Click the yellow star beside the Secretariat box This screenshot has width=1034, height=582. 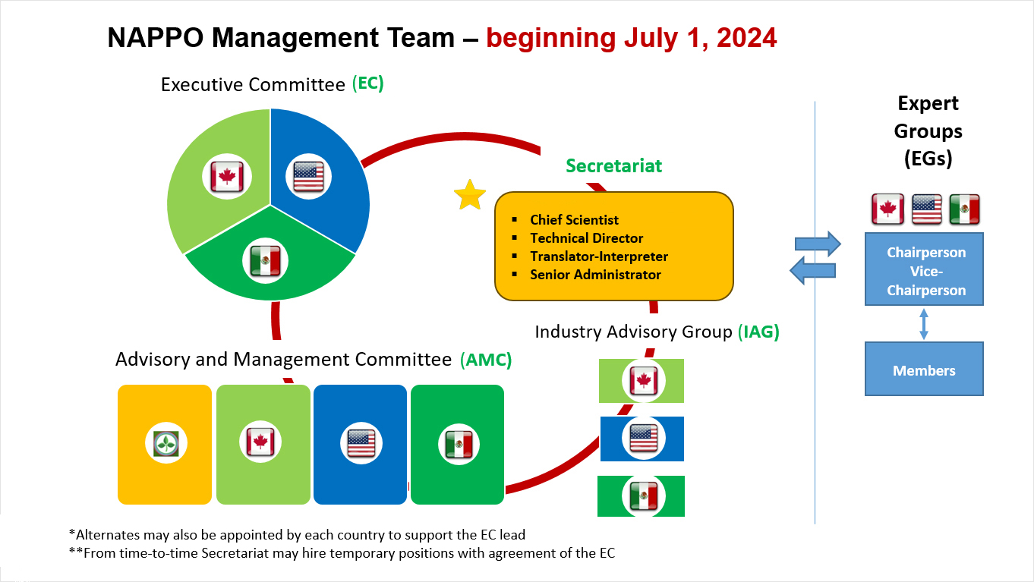(470, 196)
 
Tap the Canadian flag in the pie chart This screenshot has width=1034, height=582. (227, 176)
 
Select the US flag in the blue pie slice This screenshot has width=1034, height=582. (308, 176)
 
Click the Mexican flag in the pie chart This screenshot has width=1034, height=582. (265, 261)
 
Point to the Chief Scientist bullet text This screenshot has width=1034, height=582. (574, 220)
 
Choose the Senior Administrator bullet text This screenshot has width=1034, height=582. (595, 275)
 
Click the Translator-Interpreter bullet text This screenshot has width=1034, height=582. (599, 256)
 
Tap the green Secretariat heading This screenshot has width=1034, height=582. (613, 165)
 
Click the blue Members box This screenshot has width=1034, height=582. (924, 369)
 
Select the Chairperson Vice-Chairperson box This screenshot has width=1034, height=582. (924, 269)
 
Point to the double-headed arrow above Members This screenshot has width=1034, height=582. (924, 324)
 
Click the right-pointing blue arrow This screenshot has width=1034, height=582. (818, 244)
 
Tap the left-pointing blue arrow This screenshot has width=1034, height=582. (812, 270)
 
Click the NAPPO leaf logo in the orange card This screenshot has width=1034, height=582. (166, 443)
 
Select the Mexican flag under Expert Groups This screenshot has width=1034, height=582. (964, 209)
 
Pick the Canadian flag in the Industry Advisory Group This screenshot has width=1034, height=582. (644, 381)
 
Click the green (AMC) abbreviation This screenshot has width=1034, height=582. (486, 360)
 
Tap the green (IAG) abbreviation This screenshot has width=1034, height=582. (758, 332)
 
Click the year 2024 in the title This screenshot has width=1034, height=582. (746, 38)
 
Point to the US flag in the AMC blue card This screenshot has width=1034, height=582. (361, 443)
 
